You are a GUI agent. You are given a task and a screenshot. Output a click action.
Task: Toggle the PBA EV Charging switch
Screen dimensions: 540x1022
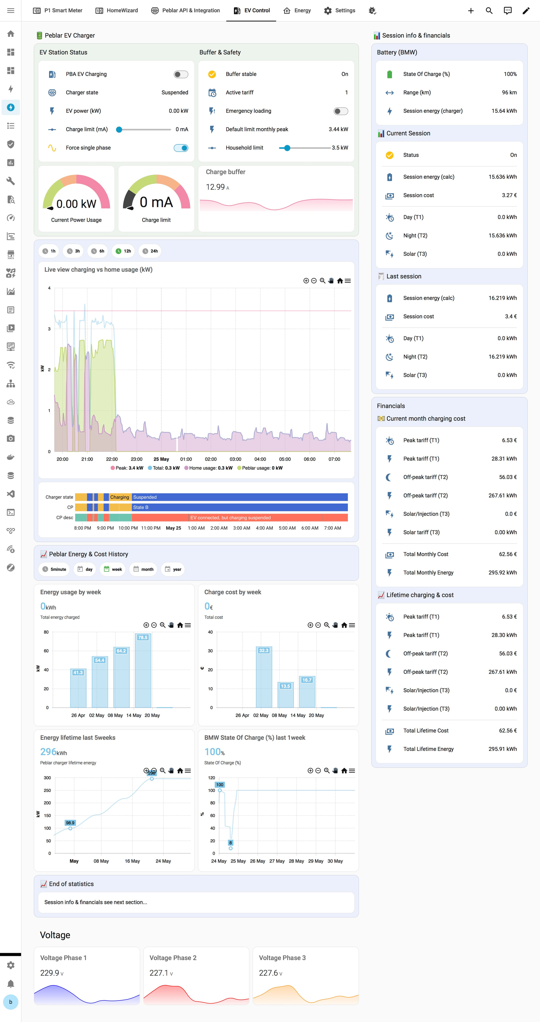[181, 74]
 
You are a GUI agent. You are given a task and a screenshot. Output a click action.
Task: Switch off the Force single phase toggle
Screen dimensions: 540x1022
[181, 148]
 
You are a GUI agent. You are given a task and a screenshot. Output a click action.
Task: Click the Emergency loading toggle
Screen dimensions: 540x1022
[341, 111]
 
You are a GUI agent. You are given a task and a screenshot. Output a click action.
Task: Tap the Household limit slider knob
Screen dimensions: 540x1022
[287, 148]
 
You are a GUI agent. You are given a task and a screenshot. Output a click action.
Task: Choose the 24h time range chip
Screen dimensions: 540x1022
[150, 251]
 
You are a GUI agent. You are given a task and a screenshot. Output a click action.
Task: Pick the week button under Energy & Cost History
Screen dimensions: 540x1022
[113, 569]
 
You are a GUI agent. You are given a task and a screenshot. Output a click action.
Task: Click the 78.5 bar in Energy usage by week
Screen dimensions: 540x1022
[143, 670]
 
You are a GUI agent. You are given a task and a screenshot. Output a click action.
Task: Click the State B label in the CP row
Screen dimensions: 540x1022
[141, 507]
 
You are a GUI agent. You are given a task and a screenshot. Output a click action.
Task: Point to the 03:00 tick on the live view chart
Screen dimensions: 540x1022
[235, 459]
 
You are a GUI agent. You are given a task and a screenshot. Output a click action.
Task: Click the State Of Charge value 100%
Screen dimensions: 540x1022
[510, 74]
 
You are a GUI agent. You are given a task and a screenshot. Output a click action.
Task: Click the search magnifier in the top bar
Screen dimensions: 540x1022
[489, 11]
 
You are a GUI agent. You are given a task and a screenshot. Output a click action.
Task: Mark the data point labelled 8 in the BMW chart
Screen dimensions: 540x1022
[231, 848]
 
